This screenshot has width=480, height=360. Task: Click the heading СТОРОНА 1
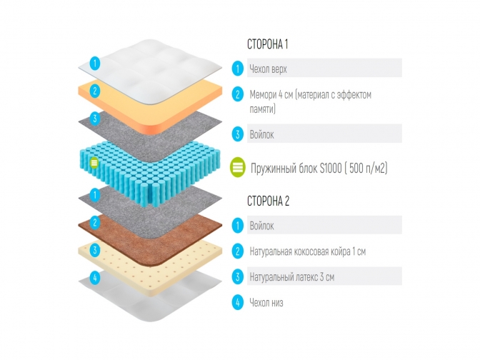267,44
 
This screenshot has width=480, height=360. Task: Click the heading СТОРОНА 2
268,201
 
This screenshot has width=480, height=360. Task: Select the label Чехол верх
268,69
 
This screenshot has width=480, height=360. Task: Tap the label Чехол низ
266,302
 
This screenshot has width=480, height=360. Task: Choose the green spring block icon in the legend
237,169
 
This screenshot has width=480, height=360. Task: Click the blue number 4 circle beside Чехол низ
237,302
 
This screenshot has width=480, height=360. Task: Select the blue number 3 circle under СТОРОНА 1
237,134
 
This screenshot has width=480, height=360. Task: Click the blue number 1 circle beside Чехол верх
237,69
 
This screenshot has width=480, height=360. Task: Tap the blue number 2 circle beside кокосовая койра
237,251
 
